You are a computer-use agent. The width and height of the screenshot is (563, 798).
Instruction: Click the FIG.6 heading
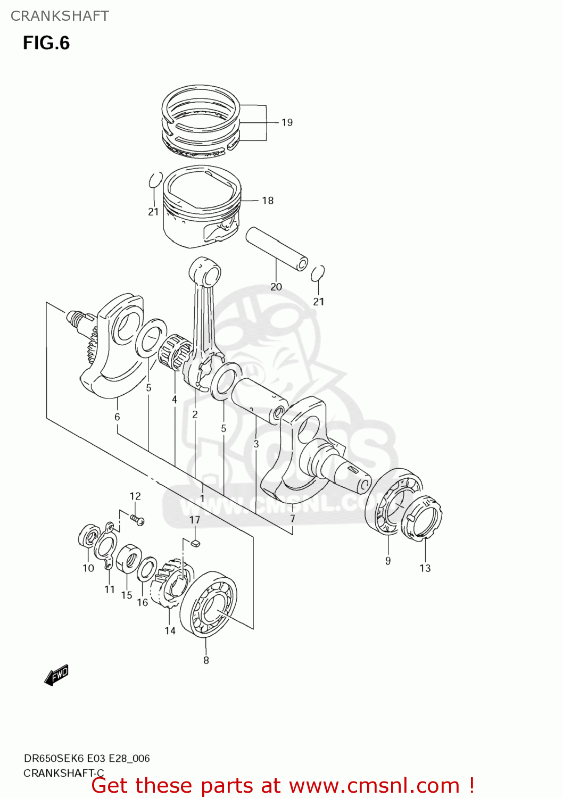pyautogui.click(x=46, y=43)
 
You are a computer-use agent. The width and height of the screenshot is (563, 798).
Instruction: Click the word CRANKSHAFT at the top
pyautogui.click(x=60, y=16)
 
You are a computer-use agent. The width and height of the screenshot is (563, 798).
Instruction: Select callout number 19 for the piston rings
pyautogui.click(x=287, y=122)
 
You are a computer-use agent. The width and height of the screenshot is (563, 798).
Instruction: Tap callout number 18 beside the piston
pyautogui.click(x=268, y=201)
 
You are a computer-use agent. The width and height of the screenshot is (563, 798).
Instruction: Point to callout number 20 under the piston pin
pyautogui.click(x=276, y=287)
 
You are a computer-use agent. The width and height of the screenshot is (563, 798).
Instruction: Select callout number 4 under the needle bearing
pyautogui.click(x=175, y=399)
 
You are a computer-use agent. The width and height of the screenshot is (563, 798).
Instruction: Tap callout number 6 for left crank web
pyautogui.click(x=117, y=417)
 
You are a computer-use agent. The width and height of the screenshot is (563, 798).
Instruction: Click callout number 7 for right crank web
pyautogui.click(x=292, y=518)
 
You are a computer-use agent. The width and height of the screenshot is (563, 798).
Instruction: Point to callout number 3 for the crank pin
pyautogui.click(x=256, y=444)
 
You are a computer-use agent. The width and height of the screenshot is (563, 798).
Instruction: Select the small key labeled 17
pyautogui.click(x=195, y=543)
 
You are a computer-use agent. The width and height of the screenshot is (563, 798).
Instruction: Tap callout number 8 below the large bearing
pyautogui.click(x=206, y=660)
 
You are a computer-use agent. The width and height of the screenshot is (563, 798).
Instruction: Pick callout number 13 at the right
pyautogui.click(x=425, y=568)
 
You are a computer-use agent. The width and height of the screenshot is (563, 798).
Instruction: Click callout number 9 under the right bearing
pyautogui.click(x=388, y=561)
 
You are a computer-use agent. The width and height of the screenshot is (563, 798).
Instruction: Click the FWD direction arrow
pyautogui.click(x=56, y=675)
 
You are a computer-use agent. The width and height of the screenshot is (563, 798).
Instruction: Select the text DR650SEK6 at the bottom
pyautogui.click(x=51, y=758)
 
